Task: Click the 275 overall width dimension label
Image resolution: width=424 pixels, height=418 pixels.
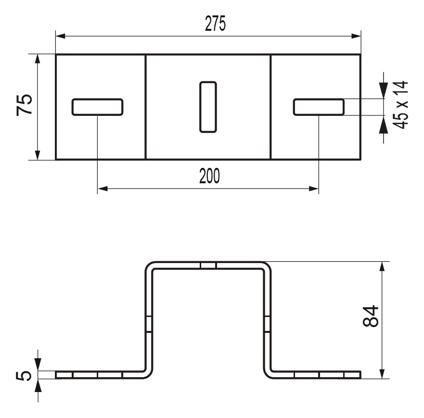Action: pyautogui.click(x=215, y=24)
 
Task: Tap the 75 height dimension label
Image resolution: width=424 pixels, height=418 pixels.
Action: pyautogui.click(x=25, y=105)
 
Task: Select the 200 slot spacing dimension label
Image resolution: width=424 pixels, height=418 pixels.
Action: pyautogui.click(x=209, y=177)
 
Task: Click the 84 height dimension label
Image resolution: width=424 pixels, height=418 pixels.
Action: pyautogui.click(x=371, y=317)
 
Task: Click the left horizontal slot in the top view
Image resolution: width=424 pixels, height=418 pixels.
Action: pyautogui.click(x=97, y=107)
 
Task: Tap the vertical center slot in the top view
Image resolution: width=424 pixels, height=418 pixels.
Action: pyautogui.click(x=208, y=107)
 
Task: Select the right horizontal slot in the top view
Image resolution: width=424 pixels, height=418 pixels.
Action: pyautogui.click(x=319, y=107)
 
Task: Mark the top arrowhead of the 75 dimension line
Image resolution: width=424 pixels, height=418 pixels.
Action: pyautogui.click(x=38, y=59)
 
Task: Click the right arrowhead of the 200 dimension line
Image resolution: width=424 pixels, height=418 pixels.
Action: pyautogui.click(x=313, y=189)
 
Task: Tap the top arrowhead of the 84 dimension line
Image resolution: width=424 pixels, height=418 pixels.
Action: pyautogui.click(x=382, y=267)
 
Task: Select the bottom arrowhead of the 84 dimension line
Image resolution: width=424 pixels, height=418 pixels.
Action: pyautogui.click(x=382, y=373)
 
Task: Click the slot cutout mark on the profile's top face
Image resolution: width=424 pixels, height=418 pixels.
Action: pyautogui.click(x=208, y=265)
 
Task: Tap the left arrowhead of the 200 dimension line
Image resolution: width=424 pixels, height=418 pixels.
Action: pyautogui.click(x=103, y=189)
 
